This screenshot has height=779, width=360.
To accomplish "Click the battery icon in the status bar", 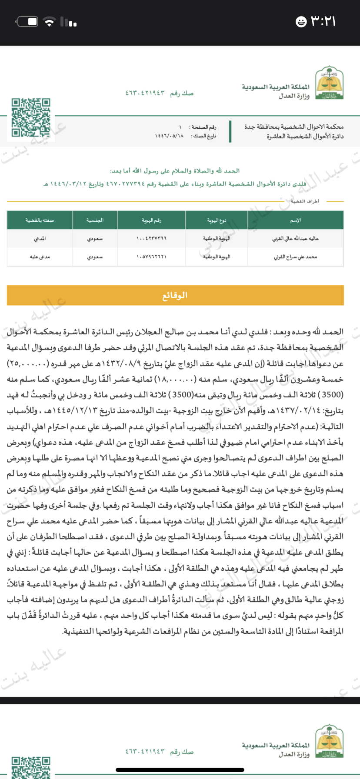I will (27, 21).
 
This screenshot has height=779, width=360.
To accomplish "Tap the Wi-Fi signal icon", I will (50, 22).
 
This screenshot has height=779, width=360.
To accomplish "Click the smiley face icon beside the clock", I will (301, 22).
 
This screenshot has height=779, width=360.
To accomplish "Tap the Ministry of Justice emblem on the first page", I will (329, 83).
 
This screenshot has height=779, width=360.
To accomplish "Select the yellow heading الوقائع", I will (175, 295).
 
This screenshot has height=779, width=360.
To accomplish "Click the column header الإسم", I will (296, 220).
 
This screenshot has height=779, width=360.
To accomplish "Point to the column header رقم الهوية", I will (151, 220).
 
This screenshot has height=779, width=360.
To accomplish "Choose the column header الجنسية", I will (95, 220).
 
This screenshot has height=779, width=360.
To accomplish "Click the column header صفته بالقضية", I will (40, 220).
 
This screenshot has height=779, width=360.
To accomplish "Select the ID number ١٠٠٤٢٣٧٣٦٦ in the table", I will (151, 239).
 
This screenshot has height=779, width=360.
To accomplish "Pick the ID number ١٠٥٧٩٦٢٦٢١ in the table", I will (151, 257).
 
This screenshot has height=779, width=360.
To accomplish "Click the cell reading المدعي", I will (40, 239).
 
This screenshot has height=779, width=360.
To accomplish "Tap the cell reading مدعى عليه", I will (40, 257).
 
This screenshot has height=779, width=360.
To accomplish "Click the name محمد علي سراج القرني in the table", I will (296, 257).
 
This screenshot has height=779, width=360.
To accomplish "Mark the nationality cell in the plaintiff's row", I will (95, 239).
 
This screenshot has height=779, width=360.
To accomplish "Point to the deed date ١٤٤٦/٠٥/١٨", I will (169, 136).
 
